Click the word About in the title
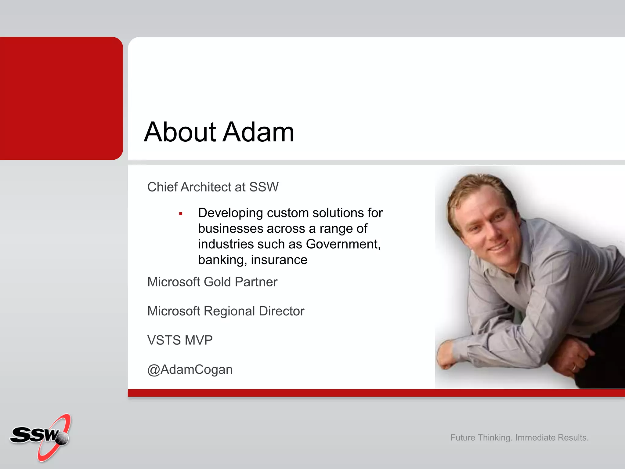click(x=180, y=132)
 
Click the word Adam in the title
click(x=259, y=132)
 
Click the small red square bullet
click(x=181, y=214)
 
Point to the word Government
click(x=343, y=244)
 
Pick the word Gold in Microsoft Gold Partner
click(x=217, y=282)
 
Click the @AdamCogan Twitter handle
click(x=190, y=369)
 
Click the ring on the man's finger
click(x=574, y=367)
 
